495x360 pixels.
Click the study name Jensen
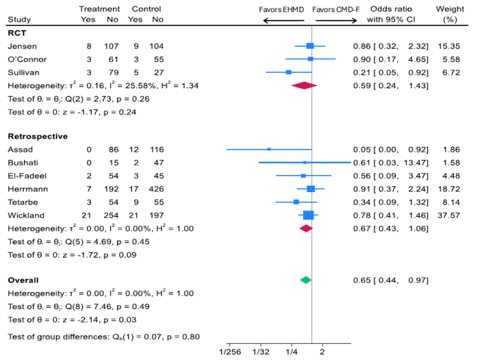(x=21, y=46)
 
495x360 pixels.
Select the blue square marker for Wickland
(x=308, y=215)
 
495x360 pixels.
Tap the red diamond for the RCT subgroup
(x=304, y=85)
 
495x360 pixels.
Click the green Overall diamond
(x=306, y=280)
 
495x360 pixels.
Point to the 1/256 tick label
(x=230, y=351)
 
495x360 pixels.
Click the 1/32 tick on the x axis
(x=261, y=351)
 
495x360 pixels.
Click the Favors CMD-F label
(x=335, y=10)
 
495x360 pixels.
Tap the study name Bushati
(x=23, y=162)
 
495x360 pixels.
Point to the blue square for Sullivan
(x=289, y=72)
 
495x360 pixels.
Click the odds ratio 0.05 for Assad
(x=361, y=150)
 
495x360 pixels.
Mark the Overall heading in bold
(x=23, y=280)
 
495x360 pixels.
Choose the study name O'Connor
(x=26, y=59)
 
